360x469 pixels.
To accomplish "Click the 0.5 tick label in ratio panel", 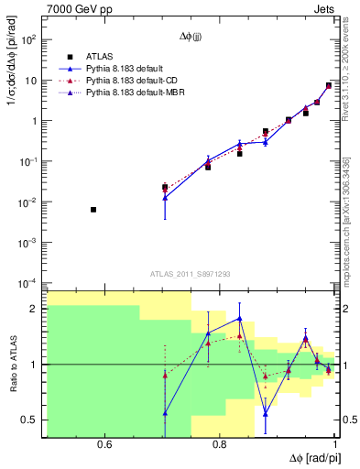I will tap(31, 420).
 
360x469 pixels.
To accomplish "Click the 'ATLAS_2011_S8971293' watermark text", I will tap(191, 274).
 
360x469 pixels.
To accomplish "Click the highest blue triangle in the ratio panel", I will tap(239, 318).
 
